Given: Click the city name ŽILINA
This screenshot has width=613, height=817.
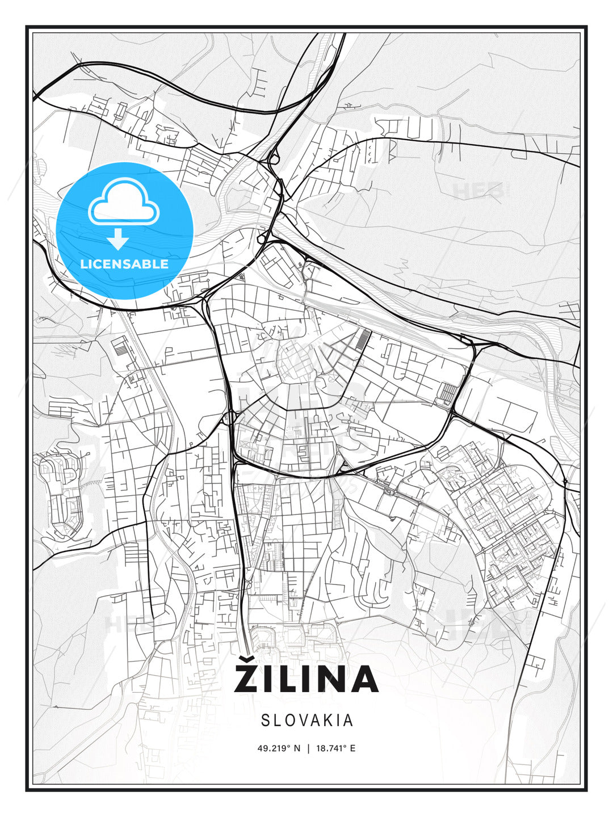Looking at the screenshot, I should (x=306, y=679).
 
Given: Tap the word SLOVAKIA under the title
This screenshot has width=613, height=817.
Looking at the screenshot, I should (x=307, y=721).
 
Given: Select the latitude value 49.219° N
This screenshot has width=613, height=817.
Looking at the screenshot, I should (x=279, y=748).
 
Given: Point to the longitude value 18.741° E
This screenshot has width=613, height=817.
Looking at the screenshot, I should (x=335, y=748).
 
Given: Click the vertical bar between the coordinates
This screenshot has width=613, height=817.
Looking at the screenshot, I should (x=307, y=748).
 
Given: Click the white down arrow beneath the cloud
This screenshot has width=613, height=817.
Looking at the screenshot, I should (x=118, y=239).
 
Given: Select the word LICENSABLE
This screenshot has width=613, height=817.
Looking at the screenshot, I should (x=124, y=264).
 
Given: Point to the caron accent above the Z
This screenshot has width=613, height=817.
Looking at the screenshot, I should (x=248, y=659).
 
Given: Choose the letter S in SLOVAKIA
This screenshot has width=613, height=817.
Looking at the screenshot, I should (x=266, y=721).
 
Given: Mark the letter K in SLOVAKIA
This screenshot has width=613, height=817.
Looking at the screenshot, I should (x=325, y=721).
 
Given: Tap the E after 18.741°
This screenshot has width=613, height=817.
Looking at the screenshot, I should (x=352, y=748).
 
